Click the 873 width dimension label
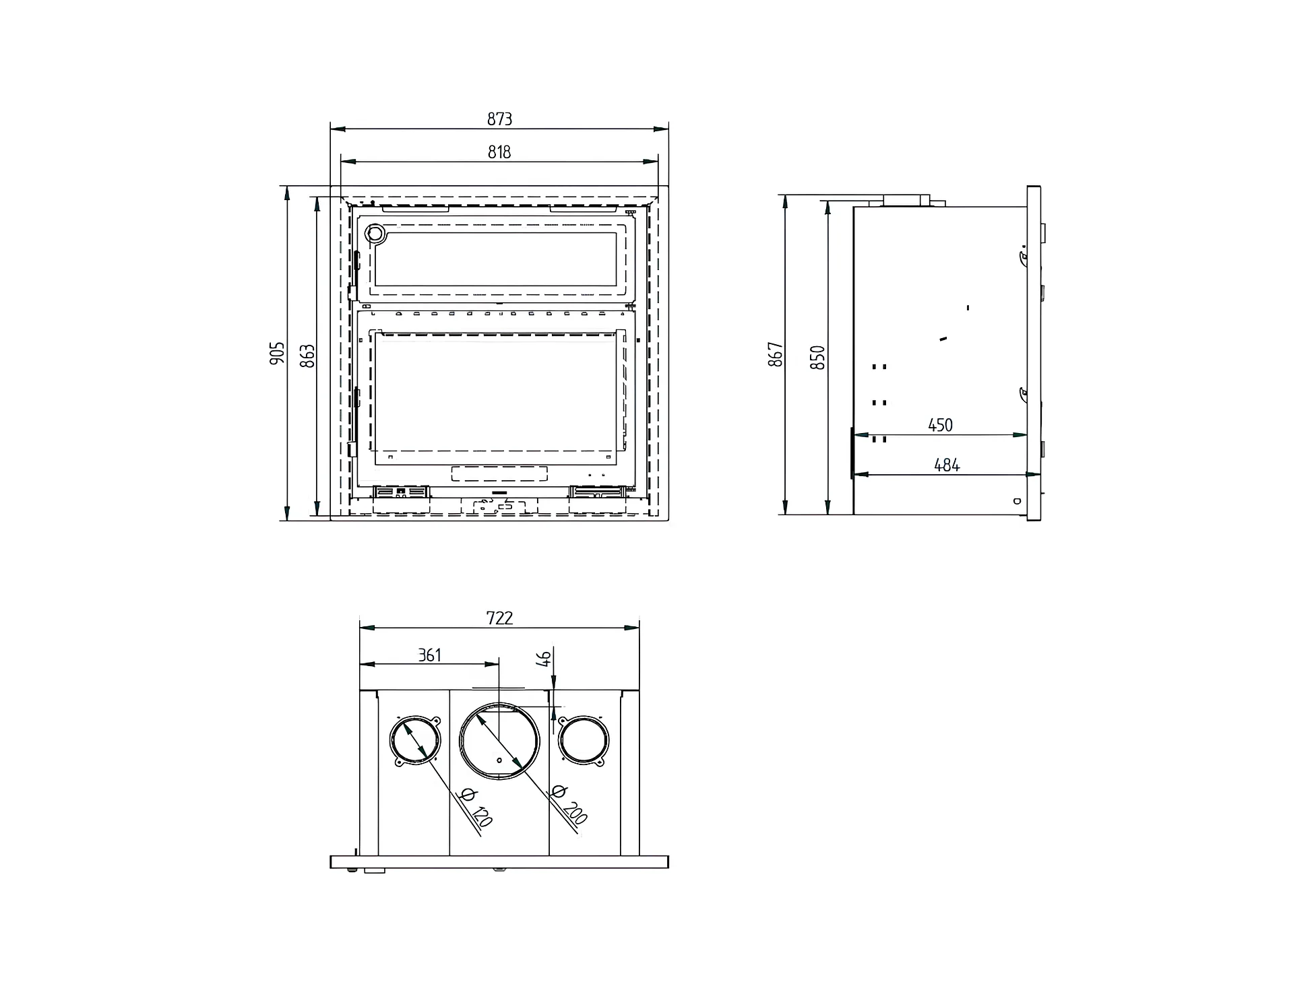[x=499, y=119]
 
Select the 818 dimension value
[x=499, y=152]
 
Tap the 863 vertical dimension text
[x=307, y=356]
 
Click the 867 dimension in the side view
[x=776, y=354]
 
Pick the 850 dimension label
[x=817, y=357]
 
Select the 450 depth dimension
[x=940, y=425]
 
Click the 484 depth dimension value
[x=947, y=465]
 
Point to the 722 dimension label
[x=499, y=618]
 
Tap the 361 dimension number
[x=429, y=655]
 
